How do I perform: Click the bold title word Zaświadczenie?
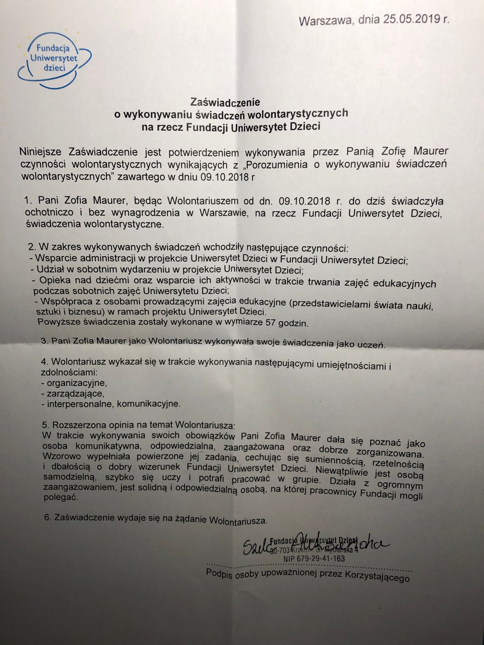click(x=225, y=102)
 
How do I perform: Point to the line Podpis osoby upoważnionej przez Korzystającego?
click(x=308, y=575)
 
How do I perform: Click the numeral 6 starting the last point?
click(x=47, y=517)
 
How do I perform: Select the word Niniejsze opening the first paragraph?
click(x=42, y=152)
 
